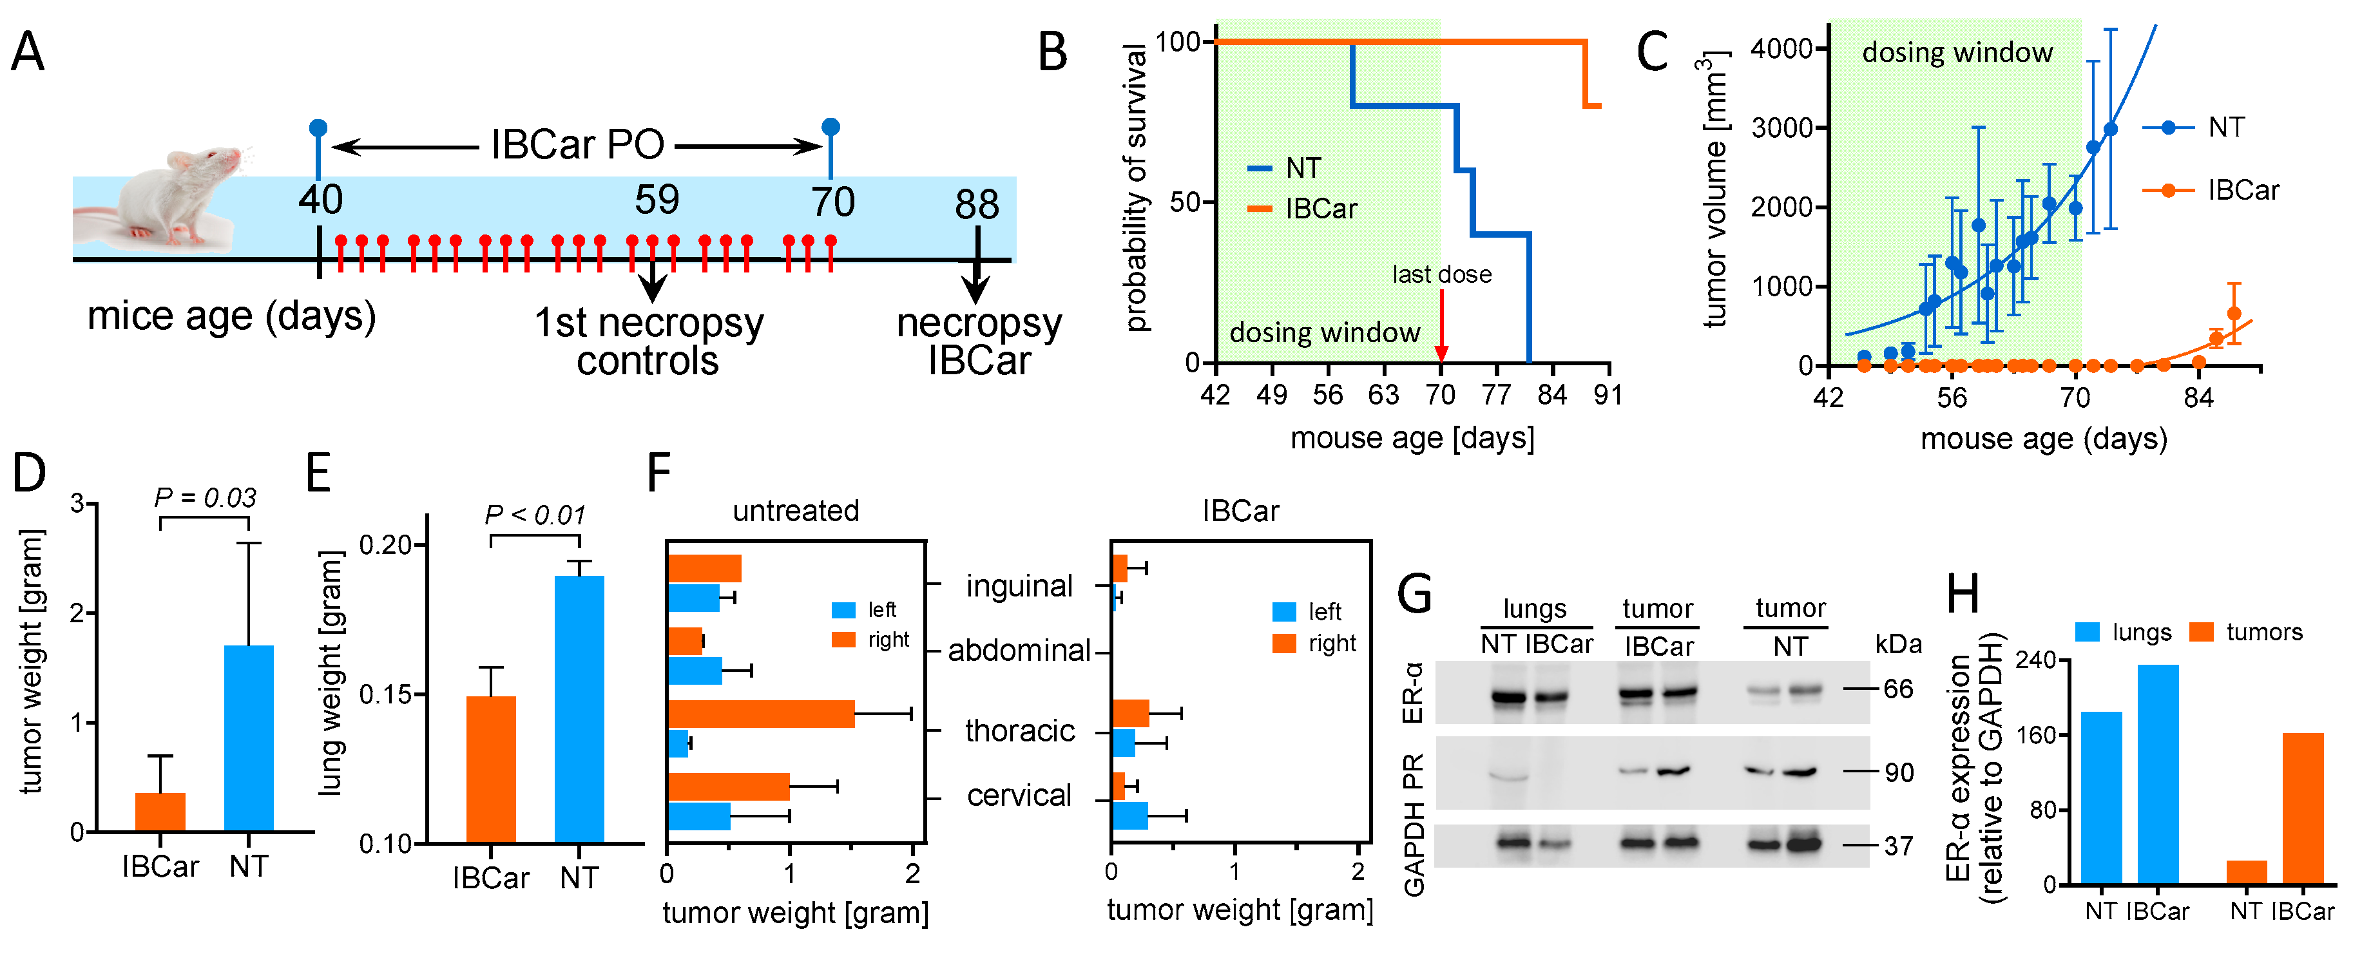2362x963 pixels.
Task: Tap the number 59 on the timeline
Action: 657,200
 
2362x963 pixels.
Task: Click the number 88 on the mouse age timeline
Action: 977,204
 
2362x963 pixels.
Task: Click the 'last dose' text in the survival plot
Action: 1441,274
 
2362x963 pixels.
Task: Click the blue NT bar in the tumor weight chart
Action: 249,738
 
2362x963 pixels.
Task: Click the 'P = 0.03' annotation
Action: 204,498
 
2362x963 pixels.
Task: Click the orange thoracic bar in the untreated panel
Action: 761,714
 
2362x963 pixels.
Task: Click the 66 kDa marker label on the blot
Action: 1898,689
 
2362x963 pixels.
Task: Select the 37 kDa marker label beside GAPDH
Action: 1898,846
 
